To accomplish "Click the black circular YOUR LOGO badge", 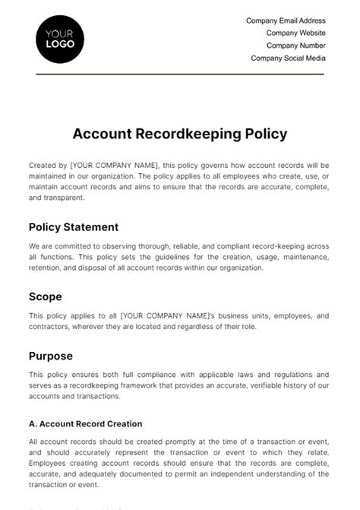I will (x=60, y=39).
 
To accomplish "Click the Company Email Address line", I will (x=286, y=21).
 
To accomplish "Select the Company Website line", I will (x=295, y=33).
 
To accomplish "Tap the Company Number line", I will (x=294, y=46).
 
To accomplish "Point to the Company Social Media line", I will (x=288, y=58).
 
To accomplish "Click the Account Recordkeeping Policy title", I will (x=180, y=134).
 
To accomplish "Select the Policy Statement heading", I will (x=74, y=226).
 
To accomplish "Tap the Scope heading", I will (x=46, y=296).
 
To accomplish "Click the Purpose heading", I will (x=51, y=355).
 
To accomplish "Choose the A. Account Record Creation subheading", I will (x=85, y=423).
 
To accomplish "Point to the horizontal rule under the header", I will (x=180, y=74).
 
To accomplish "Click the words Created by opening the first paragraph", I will (x=47, y=165).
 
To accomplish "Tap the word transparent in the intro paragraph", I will (x=66, y=198).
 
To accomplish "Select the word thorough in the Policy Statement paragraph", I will (x=163, y=246).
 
